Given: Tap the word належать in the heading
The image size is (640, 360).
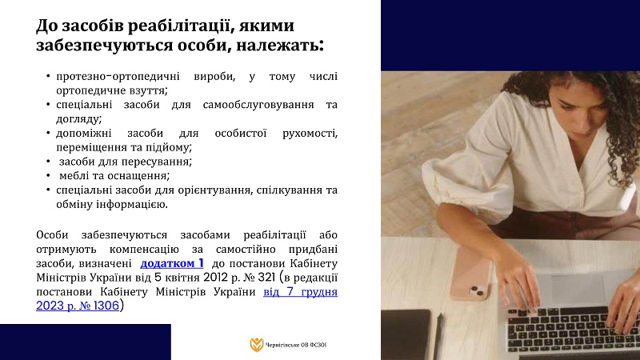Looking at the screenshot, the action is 277,45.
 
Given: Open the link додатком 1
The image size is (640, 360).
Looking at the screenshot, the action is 172,263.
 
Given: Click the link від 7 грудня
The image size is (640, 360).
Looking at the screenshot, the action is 301,292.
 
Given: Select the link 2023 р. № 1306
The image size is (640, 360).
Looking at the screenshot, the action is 78,306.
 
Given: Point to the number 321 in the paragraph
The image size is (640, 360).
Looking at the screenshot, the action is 267,278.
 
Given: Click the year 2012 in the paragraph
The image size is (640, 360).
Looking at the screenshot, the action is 215,278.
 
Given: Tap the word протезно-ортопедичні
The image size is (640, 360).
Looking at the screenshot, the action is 118,76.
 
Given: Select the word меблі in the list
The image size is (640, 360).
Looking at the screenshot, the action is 74,175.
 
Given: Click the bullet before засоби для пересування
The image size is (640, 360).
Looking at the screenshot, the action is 48,162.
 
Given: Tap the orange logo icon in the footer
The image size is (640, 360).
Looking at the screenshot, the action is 257,345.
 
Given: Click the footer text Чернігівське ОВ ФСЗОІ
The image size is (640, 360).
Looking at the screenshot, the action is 296,346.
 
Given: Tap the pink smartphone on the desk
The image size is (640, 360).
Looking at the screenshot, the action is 471,273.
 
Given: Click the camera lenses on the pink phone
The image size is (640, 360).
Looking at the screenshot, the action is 476,291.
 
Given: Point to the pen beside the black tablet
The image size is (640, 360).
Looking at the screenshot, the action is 438,337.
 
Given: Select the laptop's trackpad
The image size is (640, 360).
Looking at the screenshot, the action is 572,289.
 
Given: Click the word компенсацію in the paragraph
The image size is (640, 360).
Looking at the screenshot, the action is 144,250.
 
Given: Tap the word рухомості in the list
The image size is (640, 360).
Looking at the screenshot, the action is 310,134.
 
